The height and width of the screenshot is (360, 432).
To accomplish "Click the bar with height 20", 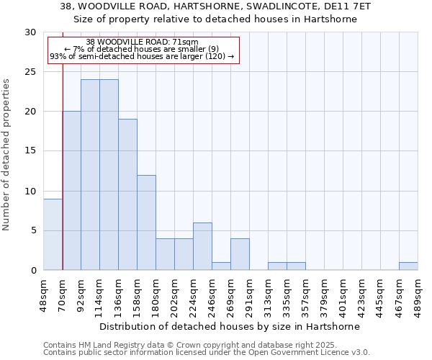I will pos(71,191).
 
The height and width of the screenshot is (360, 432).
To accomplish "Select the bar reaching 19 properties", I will pos(127,194).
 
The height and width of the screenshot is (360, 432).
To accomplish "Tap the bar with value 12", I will pos(146,222).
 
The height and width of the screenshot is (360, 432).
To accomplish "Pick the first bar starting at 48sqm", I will pos(53,234).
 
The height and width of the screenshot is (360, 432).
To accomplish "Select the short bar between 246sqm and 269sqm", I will pos(221,266).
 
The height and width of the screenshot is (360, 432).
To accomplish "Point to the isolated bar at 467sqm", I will pos(408,266).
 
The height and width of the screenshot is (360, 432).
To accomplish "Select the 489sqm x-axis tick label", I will pos(418,293).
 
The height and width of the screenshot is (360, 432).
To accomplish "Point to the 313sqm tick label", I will pos(269,293).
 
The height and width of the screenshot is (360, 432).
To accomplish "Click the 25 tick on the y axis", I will pos(30,72).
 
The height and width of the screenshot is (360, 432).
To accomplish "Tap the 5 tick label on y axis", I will pos(33,230).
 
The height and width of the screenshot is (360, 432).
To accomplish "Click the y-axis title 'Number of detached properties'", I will pos(7,154).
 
